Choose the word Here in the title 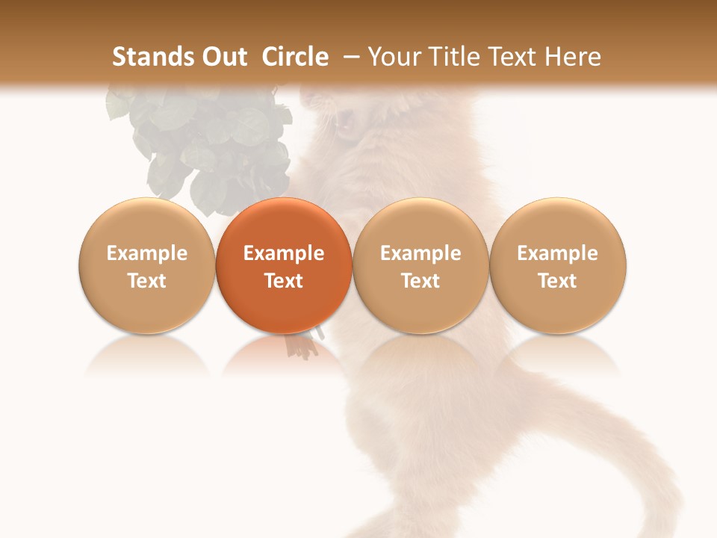[x=573, y=57]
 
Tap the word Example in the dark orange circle [x=284, y=253]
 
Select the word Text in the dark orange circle [x=284, y=281]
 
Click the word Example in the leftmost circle [x=146, y=253]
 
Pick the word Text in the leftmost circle [x=146, y=281]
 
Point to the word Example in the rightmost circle [x=557, y=253]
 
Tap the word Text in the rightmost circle [x=557, y=281]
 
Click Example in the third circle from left [x=420, y=253]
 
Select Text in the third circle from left [x=420, y=281]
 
